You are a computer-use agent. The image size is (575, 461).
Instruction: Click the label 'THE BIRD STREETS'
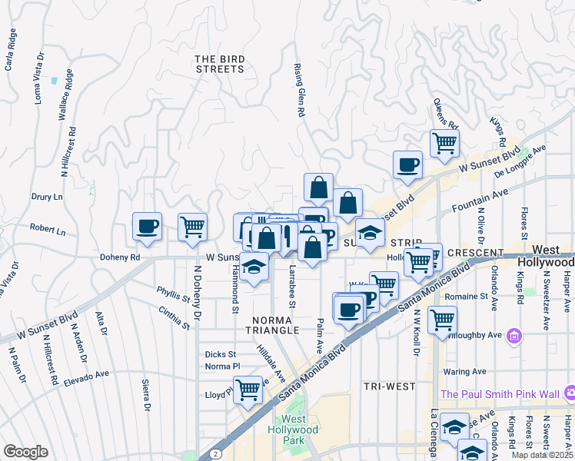pyautogui.click(x=219, y=64)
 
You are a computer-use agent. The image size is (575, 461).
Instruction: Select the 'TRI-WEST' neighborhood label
pyautogui.click(x=390, y=386)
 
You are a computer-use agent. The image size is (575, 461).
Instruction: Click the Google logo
pyautogui.click(x=25, y=452)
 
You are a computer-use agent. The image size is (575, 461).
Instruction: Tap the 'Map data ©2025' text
pyautogui.click(x=542, y=455)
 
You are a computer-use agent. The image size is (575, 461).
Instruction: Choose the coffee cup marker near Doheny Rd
pyautogui.click(x=147, y=227)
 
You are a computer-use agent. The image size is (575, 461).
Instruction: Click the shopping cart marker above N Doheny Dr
pyautogui.click(x=192, y=227)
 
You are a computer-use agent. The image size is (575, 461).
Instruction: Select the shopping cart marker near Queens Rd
pyautogui.click(x=444, y=143)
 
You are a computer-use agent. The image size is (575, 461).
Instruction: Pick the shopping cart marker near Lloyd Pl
pyautogui.click(x=248, y=390)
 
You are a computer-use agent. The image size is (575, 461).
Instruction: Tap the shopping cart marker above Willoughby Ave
pyautogui.click(x=442, y=320)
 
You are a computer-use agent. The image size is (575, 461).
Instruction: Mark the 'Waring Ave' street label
pyautogui.click(x=466, y=371)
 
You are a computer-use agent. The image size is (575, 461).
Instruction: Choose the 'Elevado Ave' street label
pyautogui.click(x=87, y=376)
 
